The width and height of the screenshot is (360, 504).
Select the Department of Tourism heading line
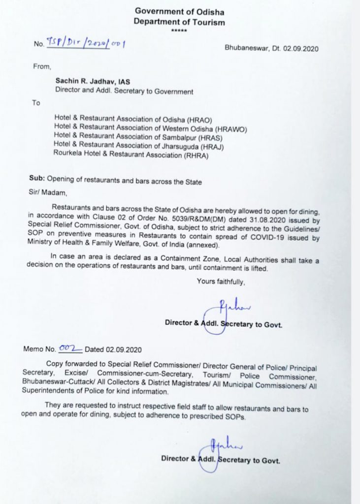179,22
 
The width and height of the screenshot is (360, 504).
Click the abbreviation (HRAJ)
206,146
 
